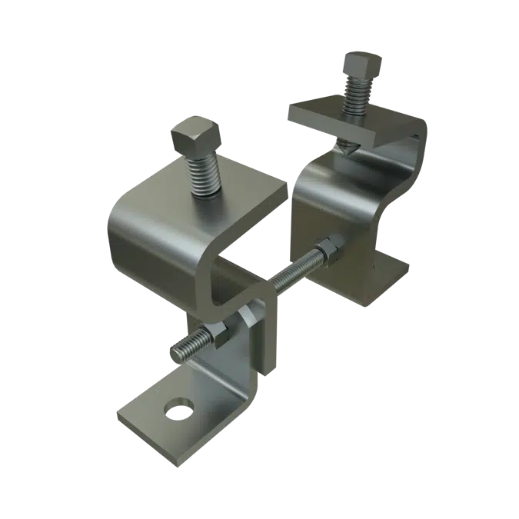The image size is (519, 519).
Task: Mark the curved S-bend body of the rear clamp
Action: [323, 200]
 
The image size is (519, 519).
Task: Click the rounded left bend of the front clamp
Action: [123, 231]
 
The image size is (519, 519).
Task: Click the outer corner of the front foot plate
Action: [123, 422]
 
